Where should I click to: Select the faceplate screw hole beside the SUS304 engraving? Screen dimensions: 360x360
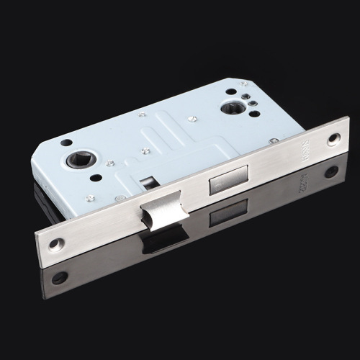click(x=333, y=139)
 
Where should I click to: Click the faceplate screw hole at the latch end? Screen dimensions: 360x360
click(x=57, y=244)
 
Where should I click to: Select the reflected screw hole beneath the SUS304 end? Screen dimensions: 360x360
click(x=331, y=171)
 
